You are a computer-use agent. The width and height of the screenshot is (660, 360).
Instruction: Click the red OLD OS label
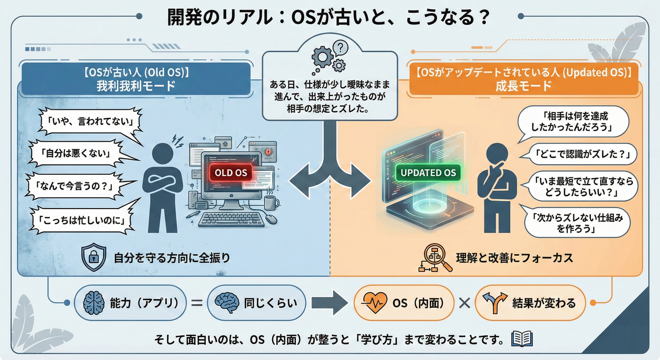[x=231, y=173]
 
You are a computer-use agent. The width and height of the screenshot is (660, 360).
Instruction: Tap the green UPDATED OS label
[x=428, y=173]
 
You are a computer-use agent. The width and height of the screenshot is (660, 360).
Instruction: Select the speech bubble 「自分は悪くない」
[x=77, y=152]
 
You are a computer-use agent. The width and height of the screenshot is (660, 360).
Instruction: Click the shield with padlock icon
[x=93, y=258]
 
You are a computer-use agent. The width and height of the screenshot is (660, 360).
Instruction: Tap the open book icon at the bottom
[x=521, y=339]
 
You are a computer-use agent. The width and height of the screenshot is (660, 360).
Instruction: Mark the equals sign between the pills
[x=197, y=303]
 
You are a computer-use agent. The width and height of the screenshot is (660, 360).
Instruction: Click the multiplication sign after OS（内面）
[x=465, y=303]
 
